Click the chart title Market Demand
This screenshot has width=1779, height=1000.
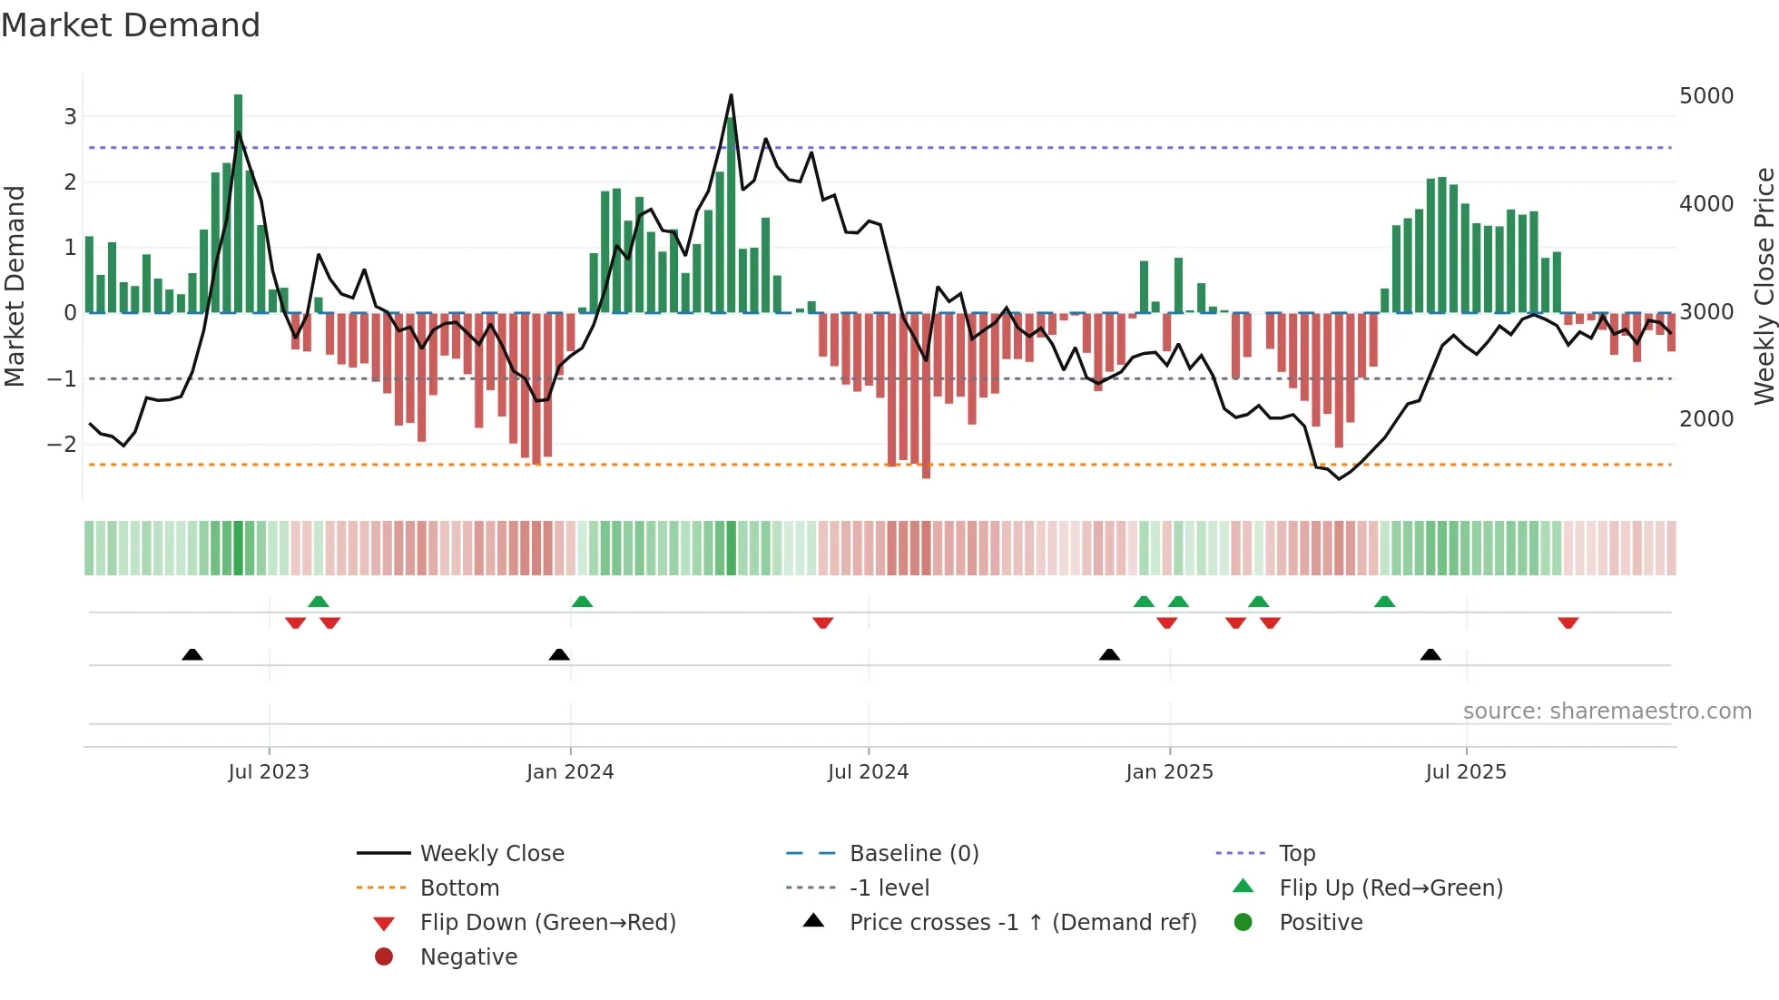(131, 25)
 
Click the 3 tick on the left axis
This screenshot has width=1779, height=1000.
(70, 116)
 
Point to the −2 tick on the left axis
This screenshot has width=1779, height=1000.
(63, 444)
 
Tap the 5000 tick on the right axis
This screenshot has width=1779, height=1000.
(1705, 96)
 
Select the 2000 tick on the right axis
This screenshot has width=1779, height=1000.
(1705, 419)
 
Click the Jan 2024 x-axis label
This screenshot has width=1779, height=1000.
(570, 772)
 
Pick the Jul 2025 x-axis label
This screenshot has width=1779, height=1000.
(1465, 772)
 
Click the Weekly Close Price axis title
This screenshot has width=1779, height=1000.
(1764, 286)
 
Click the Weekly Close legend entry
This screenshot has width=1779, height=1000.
(491, 854)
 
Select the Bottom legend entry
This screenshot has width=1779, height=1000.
(459, 888)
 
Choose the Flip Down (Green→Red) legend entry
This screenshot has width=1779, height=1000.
(547, 923)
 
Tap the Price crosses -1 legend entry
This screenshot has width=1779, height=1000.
(1022, 923)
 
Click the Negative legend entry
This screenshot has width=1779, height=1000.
(468, 957)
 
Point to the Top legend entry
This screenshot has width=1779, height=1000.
(1296, 854)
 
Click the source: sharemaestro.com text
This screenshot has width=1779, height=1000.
(1607, 711)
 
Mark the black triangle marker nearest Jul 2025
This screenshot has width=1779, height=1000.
(1430, 654)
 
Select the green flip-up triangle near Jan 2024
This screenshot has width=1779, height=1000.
(582, 602)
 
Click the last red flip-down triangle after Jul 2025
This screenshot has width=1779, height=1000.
(1568, 623)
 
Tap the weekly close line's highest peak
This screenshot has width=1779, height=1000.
(731, 95)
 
